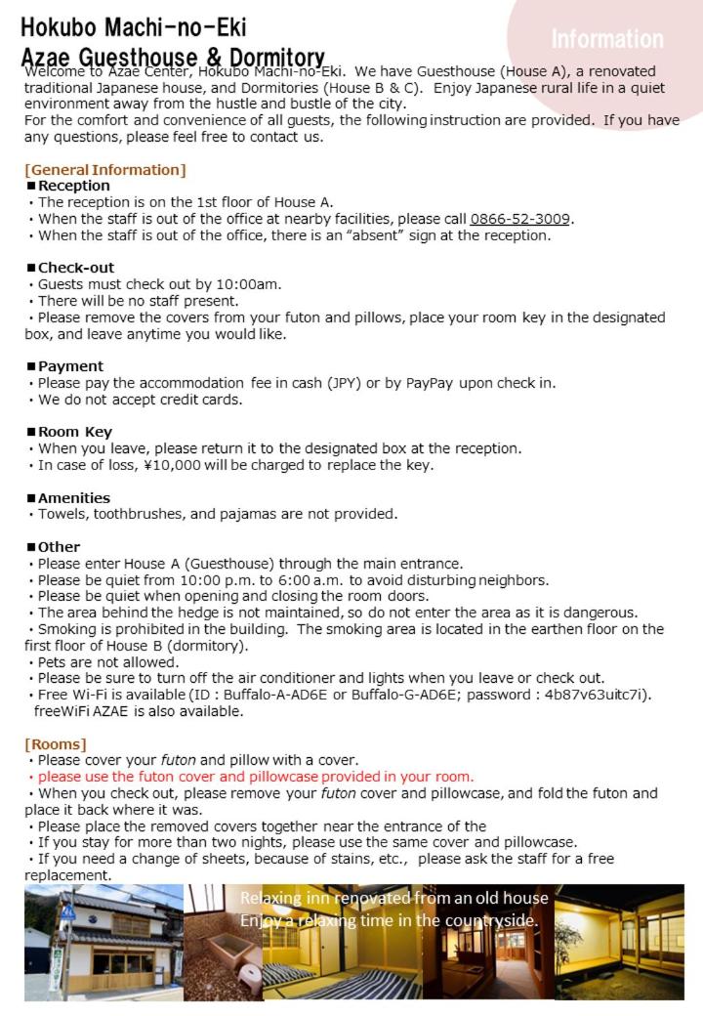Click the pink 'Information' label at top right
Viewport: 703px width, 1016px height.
tap(606, 40)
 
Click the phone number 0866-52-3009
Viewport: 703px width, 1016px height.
tap(520, 219)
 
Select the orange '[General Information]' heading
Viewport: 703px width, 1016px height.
tap(104, 170)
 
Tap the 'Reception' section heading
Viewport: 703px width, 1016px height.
tap(73, 186)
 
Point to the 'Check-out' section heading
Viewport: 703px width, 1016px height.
tap(75, 268)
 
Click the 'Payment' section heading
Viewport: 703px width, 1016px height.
tap(69, 366)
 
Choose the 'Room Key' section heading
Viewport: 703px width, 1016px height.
tap(74, 432)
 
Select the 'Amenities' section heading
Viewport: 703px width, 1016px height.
tap(73, 498)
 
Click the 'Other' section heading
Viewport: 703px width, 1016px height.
tap(59, 547)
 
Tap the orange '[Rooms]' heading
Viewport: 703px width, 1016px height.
tap(56, 744)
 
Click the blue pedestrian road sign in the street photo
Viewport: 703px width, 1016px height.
tap(68, 911)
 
